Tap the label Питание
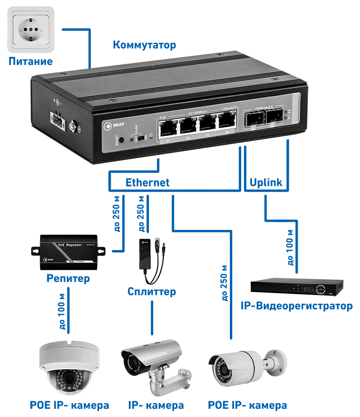(31, 61)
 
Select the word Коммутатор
(144, 45)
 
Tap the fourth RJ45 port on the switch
(227, 122)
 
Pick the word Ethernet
(147, 182)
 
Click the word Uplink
(265, 182)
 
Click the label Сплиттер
(151, 292)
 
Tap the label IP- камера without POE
(156, 405)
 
